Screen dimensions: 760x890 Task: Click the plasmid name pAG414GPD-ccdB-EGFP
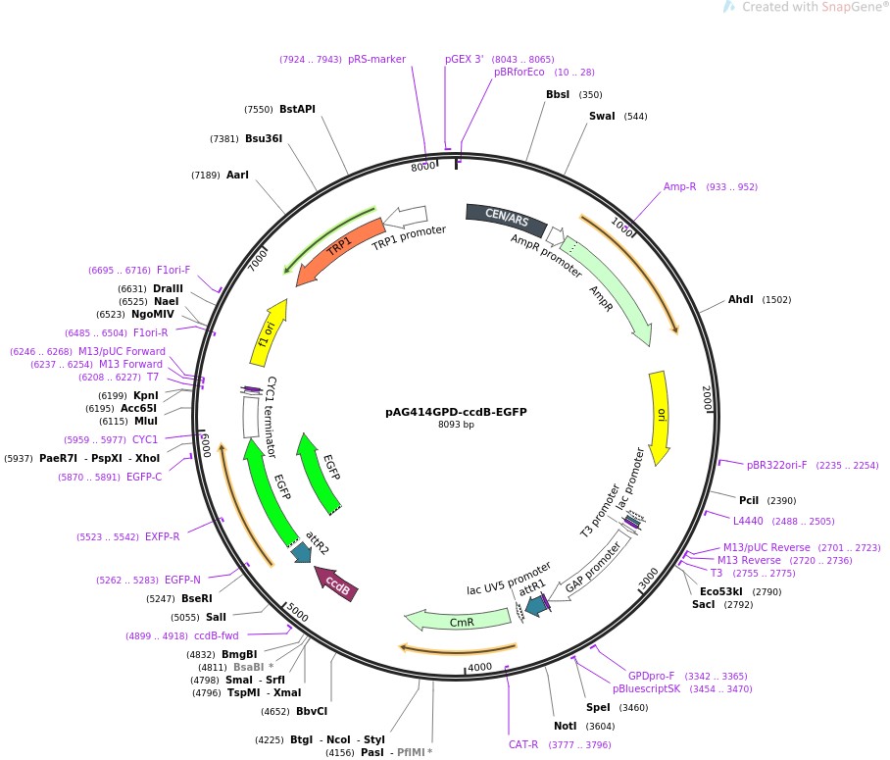pos(456,412)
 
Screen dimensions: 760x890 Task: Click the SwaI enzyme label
pos(602,116)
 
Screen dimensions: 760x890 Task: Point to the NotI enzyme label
pos(566,726)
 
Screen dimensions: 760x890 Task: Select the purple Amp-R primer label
pos(679,186)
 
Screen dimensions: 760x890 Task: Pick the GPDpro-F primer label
pos(651,676)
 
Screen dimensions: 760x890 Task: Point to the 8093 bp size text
pos(456,425)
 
